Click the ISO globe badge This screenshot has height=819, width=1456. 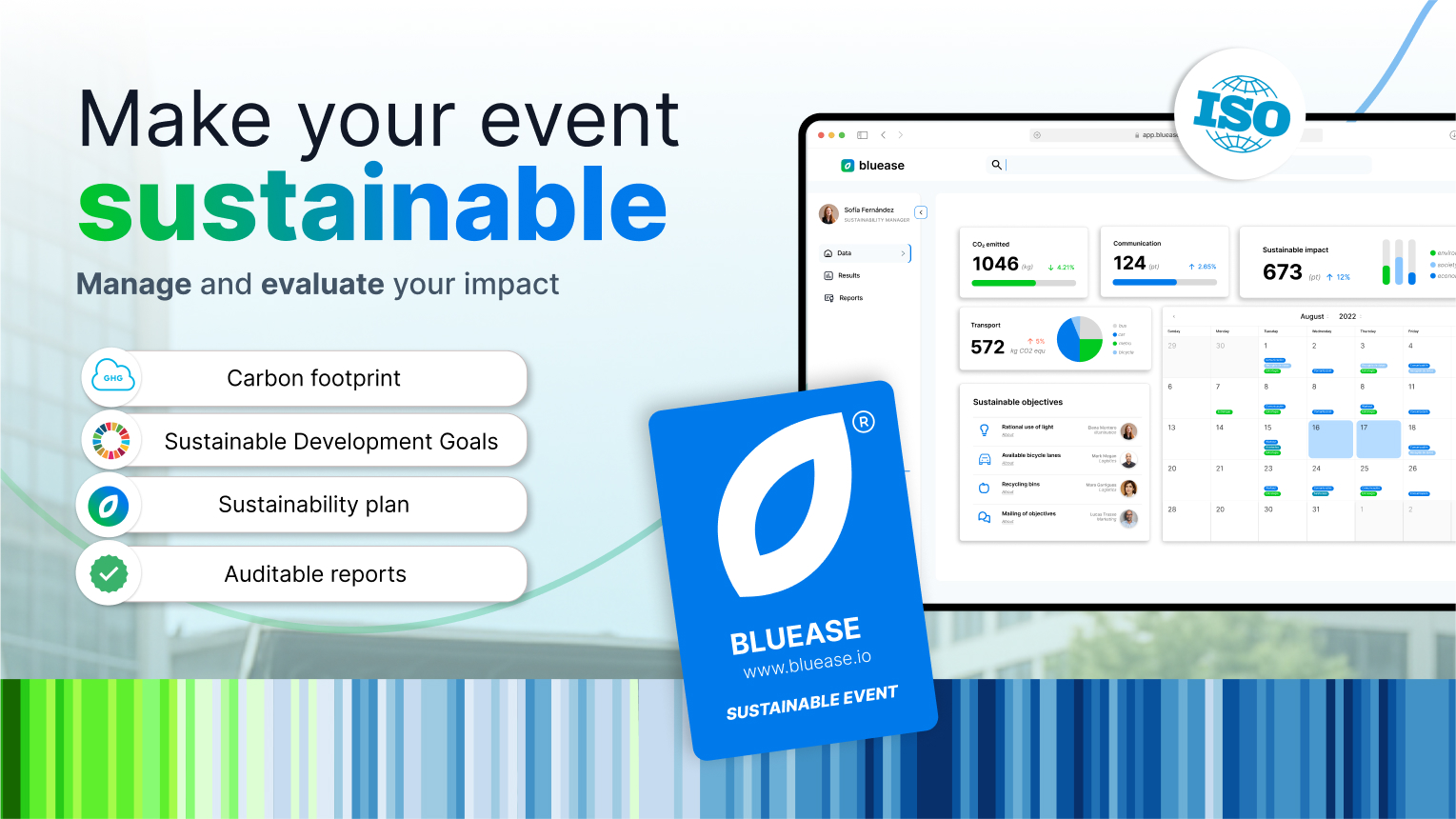coord(1240,114)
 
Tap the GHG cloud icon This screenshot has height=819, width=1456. coord(112,377)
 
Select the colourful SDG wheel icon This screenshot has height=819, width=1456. coord(111,440)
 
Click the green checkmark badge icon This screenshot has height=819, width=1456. coord(109,573)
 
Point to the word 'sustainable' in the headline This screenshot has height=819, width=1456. coord(372,205)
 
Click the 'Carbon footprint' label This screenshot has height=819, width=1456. coord(313,378)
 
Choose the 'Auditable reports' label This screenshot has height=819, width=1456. coord(315,574)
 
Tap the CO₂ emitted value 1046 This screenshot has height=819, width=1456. coord(995,264)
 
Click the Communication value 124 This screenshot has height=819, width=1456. coord(1129,263)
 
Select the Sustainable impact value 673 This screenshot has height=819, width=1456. coord(1282,272)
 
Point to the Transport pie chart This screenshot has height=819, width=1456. coord(1080,339)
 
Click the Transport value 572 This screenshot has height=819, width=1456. coord(987,347)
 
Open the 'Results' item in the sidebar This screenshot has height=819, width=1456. coord(848,275)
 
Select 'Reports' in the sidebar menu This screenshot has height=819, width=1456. coord(850,298)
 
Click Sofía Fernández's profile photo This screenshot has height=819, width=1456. coord(828,214)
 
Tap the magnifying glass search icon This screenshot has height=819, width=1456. coord(996,165)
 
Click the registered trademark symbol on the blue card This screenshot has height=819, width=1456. coord(863,422)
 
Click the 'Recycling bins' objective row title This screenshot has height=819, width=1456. coord(1020,485)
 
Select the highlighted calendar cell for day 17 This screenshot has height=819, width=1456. coord(1378,439)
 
